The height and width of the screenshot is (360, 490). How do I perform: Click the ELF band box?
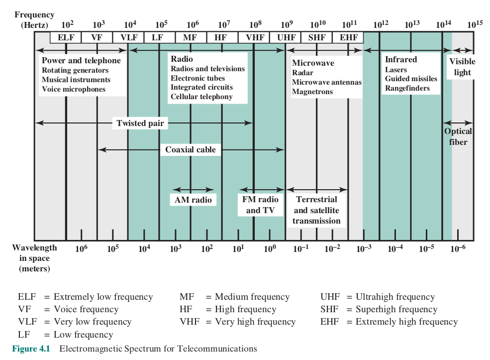point(65,37)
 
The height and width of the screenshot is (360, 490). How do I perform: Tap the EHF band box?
point(348,37)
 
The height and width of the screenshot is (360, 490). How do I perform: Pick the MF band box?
point(190,37)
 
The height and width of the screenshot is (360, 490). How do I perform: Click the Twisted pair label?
point(140,123)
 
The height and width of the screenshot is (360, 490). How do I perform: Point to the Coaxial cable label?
point(191,149)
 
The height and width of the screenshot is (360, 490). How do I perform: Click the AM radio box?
point(193,200)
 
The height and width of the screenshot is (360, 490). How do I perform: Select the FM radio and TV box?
point(260,205)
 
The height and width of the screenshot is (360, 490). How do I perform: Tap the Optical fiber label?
point(458,136)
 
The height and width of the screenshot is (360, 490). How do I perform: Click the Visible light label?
point(462,67)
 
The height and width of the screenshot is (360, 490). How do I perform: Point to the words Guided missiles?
point(411,79)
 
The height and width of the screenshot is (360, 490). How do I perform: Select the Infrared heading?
point(400,60)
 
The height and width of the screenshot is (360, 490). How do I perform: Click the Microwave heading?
point(313,63)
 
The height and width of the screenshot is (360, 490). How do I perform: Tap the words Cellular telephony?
point(201,96)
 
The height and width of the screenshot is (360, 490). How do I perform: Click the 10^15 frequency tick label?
point(475,24)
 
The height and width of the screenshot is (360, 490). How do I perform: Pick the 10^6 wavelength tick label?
point(81,248)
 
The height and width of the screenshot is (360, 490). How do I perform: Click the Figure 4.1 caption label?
point(31,349)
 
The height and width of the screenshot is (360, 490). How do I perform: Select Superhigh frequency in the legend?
point(396,309)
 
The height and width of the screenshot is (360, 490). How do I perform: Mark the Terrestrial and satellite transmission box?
point(317,210)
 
